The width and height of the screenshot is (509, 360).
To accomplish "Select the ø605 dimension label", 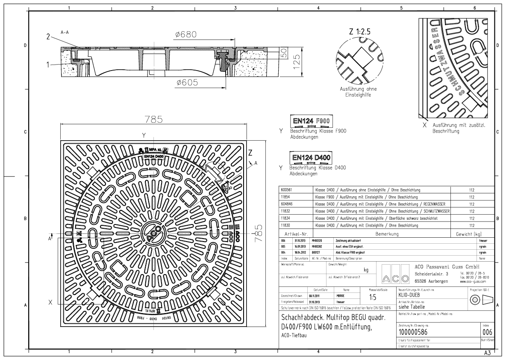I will [x=186, y=83].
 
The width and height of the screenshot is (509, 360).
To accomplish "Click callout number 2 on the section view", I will [x=49, y=37].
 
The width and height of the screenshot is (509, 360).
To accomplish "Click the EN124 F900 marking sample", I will [x=312, y=121].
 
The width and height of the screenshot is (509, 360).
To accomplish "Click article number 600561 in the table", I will [x=286, y=189].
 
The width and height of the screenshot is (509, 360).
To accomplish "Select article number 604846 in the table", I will [x=287, y=204].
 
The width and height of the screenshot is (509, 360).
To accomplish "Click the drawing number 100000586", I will [x=414, y=331].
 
